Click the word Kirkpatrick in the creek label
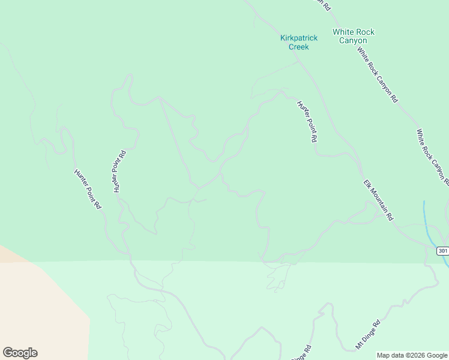(298, 38)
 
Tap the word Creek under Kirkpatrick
(298, 46)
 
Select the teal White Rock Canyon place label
(353, 36)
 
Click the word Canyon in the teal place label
(353, 40)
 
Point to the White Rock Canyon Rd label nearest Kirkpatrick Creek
(378, 74)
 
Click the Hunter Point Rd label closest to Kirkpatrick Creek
(307, 121)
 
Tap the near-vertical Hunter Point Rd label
(119, 170)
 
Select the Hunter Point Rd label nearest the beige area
(88, 188)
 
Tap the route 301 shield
(442, 251)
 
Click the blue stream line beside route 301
(426, 219)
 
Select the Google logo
(20, 353)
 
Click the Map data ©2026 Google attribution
(411, 355)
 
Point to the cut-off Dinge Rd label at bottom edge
(301, 352)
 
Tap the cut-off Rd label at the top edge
(324, 5)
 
